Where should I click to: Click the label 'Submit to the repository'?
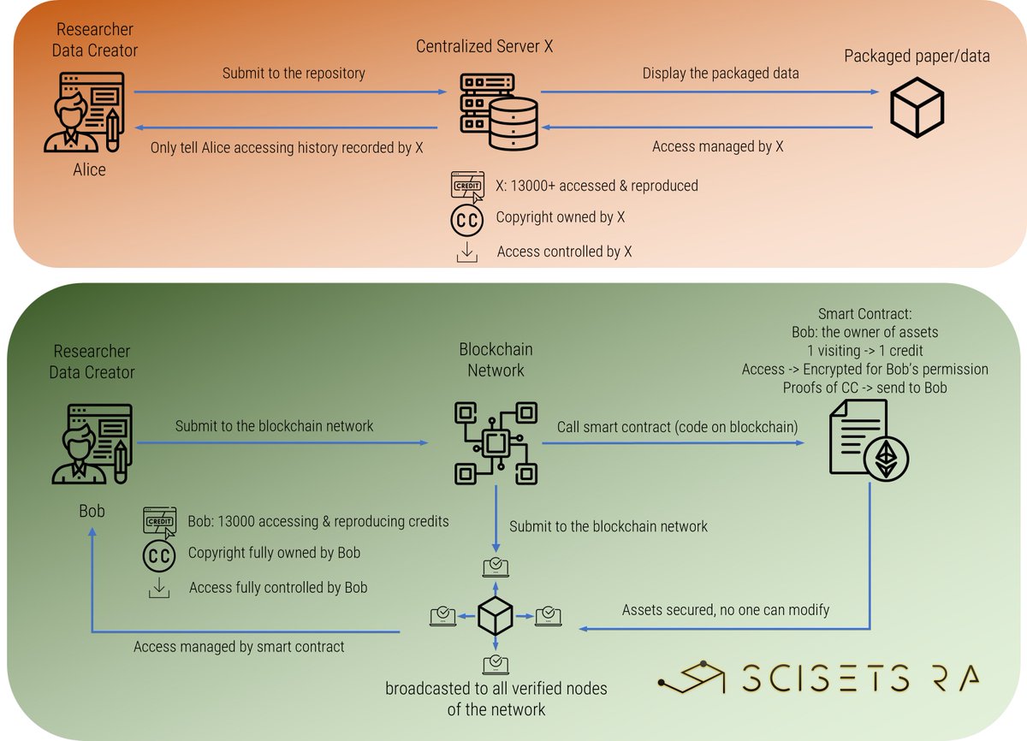(294, 74)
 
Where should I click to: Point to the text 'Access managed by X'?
(717, 146)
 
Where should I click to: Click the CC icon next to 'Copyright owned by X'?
(466, 219)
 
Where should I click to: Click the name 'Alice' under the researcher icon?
(89, 169)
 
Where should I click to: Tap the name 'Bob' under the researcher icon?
(92, 511)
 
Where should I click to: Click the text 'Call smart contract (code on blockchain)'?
(678, 426)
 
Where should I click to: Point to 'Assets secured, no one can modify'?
(725, 610)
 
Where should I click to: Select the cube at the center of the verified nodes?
(495, 614)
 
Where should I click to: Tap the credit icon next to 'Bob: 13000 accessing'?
(160, 521)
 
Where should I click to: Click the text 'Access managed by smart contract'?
(239, 647)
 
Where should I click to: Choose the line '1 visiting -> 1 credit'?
(864, 351)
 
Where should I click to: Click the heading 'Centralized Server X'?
(484, 46)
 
